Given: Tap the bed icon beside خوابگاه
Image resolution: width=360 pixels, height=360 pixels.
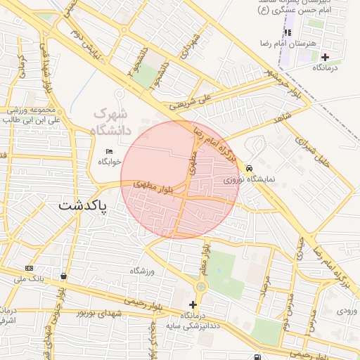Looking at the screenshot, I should click(x=109, y=152).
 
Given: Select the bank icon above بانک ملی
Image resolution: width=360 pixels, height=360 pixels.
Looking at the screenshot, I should click(x=29, y=268).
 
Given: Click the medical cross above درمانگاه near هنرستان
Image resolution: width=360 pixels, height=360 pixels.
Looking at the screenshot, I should click(x=325, y=57).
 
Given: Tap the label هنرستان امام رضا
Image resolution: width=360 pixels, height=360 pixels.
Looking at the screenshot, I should click(x=303, y=44).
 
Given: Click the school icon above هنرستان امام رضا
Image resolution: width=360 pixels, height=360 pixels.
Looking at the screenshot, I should click(x=288, y=32).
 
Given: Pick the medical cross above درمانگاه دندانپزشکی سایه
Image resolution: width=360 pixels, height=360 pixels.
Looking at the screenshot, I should click(x=193, y=304).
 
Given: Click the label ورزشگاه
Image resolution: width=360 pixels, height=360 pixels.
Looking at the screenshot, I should click(x=141, y=271).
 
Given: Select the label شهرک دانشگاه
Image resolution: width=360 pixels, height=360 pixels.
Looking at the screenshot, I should click(x=110, y=121).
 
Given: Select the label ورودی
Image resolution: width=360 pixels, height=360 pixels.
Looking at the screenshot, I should click(x=347, y=310).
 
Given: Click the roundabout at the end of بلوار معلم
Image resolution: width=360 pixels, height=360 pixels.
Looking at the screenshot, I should click(x=202, y=286).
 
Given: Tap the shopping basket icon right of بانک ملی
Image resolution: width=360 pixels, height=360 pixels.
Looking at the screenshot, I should click(x=65, y=276).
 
